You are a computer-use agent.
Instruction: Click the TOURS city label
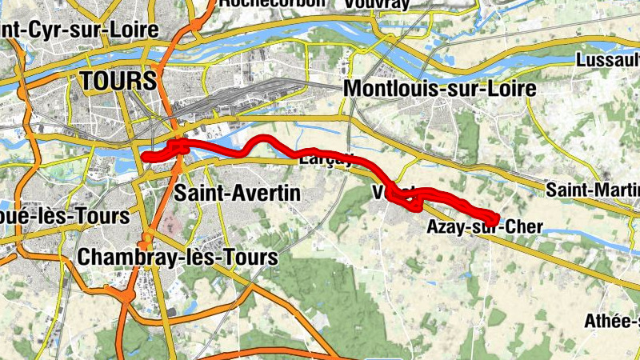[118, 80]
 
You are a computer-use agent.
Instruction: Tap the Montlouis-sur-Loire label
[439, 90]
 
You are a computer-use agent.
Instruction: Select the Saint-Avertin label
[238, 193]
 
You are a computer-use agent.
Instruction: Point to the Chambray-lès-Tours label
[178, 258]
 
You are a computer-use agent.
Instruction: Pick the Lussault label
[607, 60]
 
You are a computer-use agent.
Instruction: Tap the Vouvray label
[376, 4]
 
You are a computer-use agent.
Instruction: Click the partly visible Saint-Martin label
[593, 190]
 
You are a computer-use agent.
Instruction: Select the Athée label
[612, 322]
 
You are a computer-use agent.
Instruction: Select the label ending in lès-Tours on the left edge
[64, 216]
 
